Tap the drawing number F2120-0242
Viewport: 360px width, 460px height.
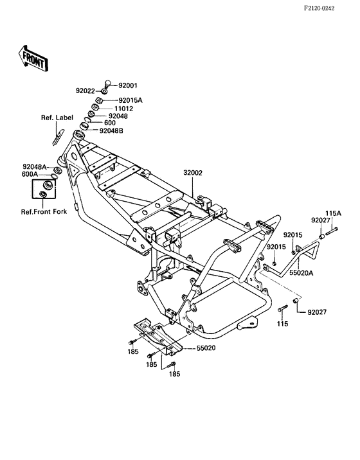click(319, 8)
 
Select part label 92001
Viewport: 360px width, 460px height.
click(128, 85)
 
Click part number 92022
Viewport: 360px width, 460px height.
click(85, 91)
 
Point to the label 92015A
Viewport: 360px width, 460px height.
click(130, 100)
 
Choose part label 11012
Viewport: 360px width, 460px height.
click(123, 109)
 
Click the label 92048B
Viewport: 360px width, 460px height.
click(111, 131)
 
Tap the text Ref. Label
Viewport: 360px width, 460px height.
click(57, 118)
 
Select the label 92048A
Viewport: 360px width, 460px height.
click(35, 167)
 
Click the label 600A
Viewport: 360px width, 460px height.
click(30, 174)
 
